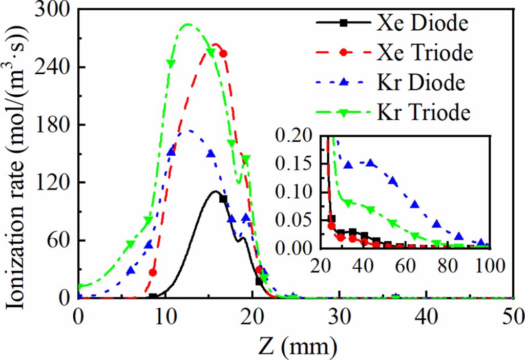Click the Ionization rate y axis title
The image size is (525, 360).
(14, 154)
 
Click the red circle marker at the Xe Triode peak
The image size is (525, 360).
(223, 53)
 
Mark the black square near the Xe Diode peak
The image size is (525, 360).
(223, 199)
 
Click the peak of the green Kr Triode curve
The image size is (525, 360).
(188, 24)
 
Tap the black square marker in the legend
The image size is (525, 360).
(344, 23)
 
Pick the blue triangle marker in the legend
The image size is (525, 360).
(344, 82)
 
